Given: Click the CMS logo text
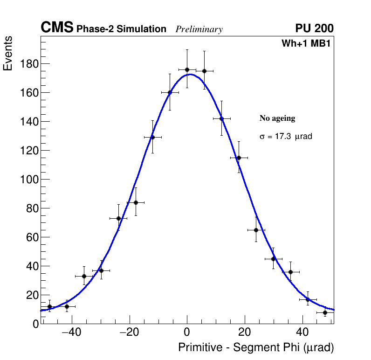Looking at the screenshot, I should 57,28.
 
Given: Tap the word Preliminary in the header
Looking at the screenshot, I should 199,29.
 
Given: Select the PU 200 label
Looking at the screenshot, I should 315,28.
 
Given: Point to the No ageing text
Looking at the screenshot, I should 277,118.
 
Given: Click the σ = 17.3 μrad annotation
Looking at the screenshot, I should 285,137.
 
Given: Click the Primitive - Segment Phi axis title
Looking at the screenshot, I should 256,348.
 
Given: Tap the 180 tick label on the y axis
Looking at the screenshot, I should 29,63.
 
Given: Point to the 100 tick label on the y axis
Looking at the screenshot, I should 29,179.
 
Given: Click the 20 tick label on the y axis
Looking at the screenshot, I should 32,295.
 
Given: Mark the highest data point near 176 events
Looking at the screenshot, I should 187,69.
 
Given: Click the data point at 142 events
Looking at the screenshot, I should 221,118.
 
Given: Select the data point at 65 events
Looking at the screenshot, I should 256,230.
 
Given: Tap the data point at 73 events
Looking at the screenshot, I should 118,218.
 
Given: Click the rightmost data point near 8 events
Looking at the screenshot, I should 325,312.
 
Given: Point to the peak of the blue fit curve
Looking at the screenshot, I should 190,74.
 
